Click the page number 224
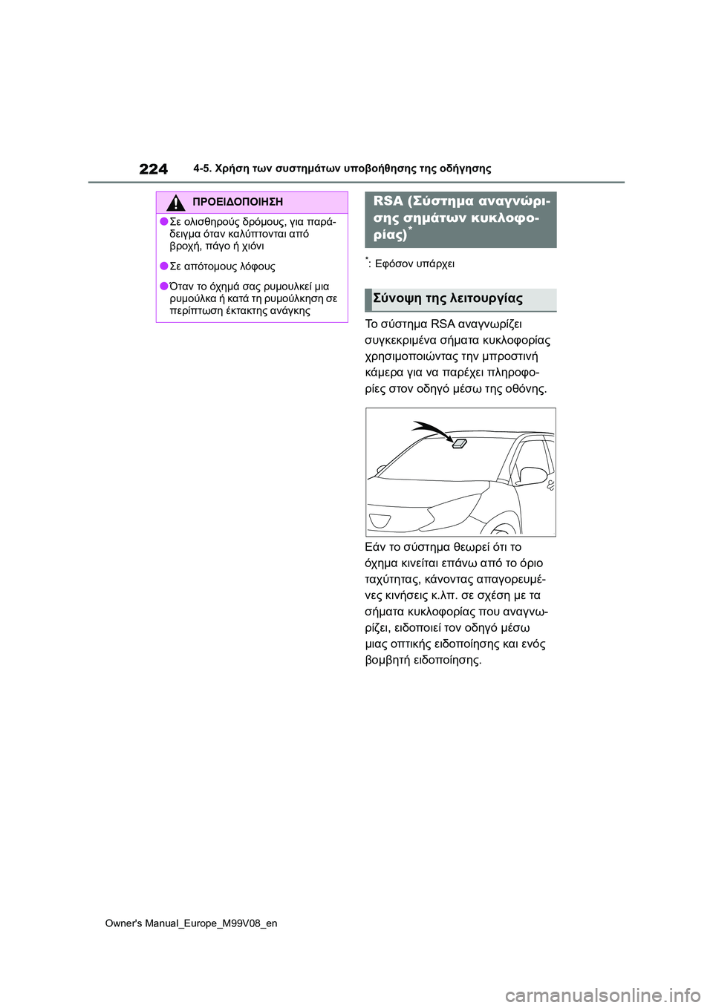pos(153,169)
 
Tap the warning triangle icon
pos(175,202)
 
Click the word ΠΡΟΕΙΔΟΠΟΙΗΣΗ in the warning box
pos(237,202)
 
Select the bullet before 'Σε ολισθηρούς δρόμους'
pos(163,221)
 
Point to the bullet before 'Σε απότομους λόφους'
pos(163,266)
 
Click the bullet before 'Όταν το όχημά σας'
pos(163,286)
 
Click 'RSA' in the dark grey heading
pos(388,201)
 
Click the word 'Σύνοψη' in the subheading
pos(397,298)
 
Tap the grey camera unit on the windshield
pos(459,444)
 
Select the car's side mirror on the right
pos(533,475)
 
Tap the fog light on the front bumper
pos(380,520)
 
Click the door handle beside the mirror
pos(550,485)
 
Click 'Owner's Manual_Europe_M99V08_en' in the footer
pos(191,923)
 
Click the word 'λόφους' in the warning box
pos(257,266)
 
